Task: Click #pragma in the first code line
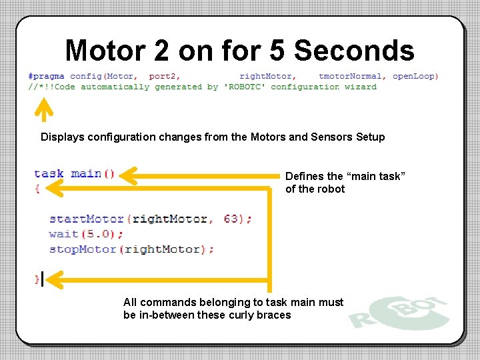[x=47, y=76]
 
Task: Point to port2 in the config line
[x=164, y=76]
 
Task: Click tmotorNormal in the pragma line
[x=351, y=76]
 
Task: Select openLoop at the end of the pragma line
[x=414, y=76]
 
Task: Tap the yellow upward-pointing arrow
[x=43, y=110]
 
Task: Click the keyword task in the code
[x=49, y=174]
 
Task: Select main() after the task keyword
[x=93, y=174]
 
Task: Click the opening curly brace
[x=37, y=189]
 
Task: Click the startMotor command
[x=87, y=219]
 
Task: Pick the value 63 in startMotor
[x=231, y=219]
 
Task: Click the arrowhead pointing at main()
[x=130, y=176]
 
